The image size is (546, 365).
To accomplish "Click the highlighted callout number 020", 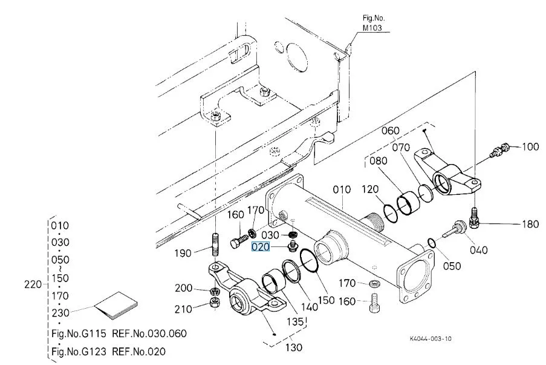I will [261, 247].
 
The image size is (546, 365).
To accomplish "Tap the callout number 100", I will [530, 147].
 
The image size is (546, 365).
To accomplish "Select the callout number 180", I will [530, 225].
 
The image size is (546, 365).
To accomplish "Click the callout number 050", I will [451, 266].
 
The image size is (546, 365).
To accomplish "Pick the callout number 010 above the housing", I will [342, 189].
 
